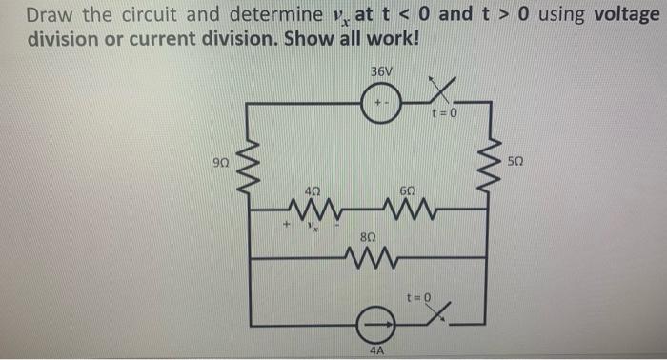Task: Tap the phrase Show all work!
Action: [x=352, y=43]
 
